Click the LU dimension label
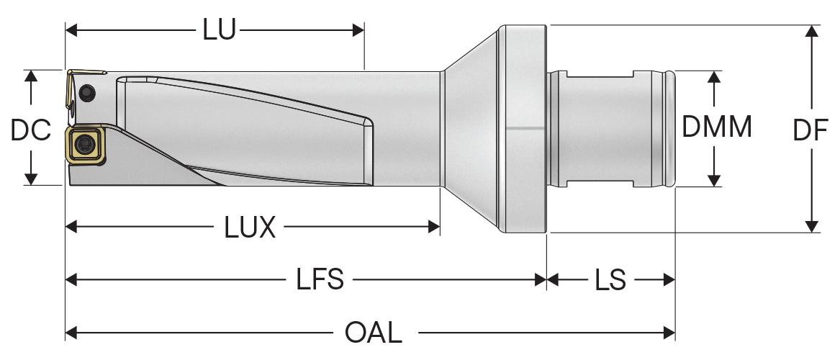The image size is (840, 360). click(x=219, y=30)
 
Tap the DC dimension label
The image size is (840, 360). click(x=30, y=130)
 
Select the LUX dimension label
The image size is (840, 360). click(x=249, y=228)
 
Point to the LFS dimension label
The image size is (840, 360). click(x=320, y=279)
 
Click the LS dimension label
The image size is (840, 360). click(x=610, y=279)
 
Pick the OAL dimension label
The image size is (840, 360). click(x=374, y=333)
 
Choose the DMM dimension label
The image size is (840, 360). click(x=717, y=127)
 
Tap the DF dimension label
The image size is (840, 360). click(x=810, y=130)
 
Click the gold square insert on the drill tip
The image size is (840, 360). click(x=85, y=143)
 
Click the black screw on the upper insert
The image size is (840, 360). click(x=86, y=93)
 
